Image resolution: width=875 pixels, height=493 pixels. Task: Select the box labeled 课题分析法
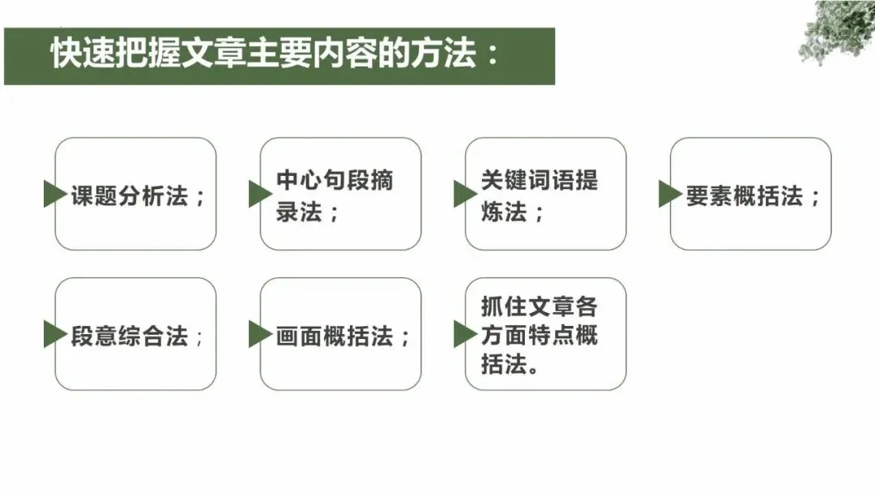[x=136, y=194]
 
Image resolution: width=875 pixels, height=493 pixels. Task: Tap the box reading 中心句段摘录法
[x=340, y=194]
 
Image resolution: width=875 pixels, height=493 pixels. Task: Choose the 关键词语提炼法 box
[x=545, y=194]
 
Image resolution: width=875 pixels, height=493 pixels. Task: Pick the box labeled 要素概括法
[x=751, y=194]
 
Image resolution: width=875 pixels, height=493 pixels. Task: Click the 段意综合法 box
[x=136, y=334]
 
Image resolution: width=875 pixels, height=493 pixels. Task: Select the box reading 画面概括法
[x=340, y=334]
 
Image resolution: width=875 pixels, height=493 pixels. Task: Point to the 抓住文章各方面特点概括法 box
[x=545, y=334]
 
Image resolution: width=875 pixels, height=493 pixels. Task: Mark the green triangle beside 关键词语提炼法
[x=464, y=194]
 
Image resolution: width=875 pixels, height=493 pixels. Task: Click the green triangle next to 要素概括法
[x=669, y=194]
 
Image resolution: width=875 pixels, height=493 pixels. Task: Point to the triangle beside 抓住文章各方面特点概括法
[x=464, y=334]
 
